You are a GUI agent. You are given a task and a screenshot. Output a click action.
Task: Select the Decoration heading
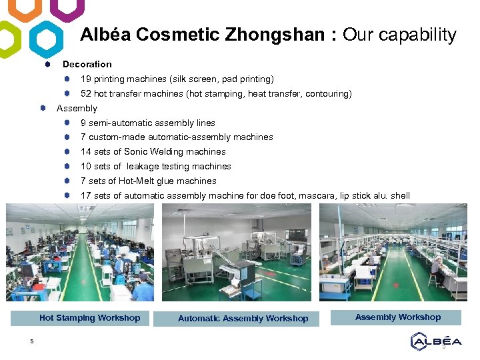(x=87, y=64)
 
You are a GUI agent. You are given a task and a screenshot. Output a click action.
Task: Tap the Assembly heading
(x=77, y=108)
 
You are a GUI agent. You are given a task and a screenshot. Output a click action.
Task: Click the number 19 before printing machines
(x=86, y=79)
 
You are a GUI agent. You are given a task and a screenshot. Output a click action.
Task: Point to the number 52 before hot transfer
(x=86, y=94)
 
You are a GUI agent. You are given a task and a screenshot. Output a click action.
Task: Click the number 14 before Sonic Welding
(x=86, y=152)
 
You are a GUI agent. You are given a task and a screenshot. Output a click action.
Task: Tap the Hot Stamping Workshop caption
(x=90, y=318)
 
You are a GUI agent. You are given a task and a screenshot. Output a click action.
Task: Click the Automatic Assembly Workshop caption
(x=243, y=319)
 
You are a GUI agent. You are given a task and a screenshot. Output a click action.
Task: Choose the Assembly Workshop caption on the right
(x=398, y=317)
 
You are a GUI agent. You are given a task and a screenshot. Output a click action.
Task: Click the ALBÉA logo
(x=435, y=341)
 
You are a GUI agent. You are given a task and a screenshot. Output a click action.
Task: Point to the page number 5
(x=31, y=342)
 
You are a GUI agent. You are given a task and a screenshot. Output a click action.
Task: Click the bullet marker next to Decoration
(x=48, y=65)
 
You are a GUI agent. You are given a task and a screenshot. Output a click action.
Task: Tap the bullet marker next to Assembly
(x=42, y=108)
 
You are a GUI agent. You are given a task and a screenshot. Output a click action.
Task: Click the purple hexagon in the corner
(x=68, y=9)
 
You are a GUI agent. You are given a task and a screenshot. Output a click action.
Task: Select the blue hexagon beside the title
(x=47, y=39)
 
